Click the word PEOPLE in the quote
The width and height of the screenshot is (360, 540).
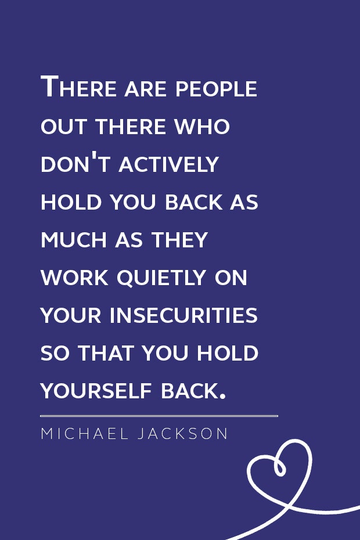click(216, 89)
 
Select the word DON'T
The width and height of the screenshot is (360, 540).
click(77, 164)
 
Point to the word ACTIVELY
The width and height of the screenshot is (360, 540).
click(168, 164)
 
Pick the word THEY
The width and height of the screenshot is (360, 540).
click(181, 240)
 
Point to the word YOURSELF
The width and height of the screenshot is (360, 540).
click(98, 391)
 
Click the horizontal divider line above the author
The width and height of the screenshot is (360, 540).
click(159, 416)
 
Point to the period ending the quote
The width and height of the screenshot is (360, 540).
click(222, 397)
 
